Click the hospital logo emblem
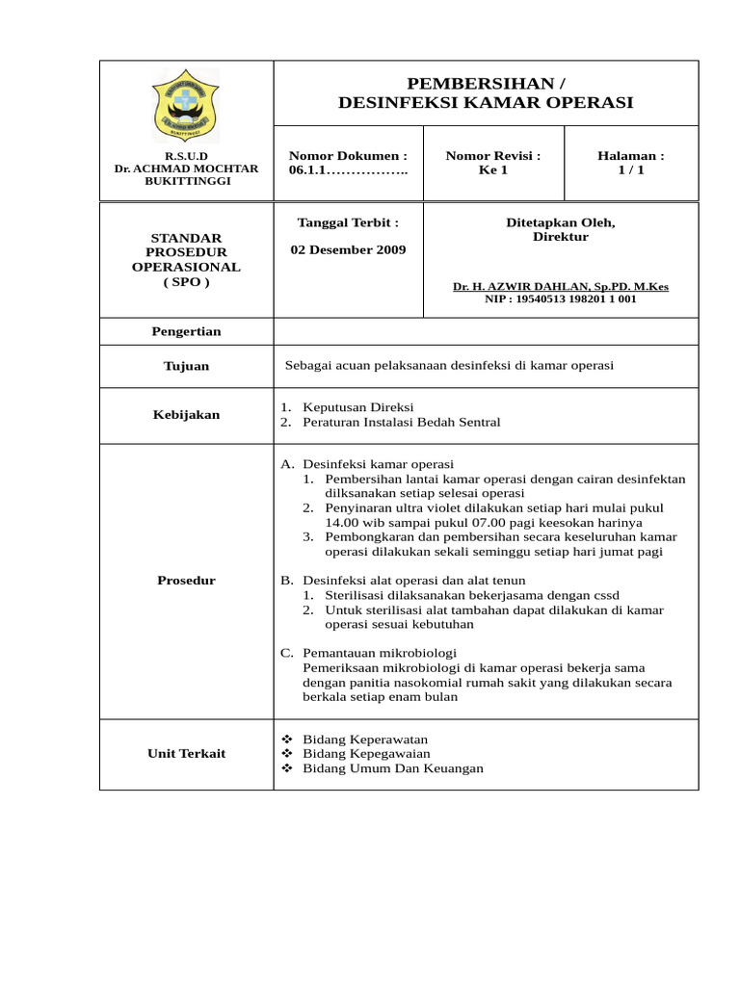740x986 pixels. click(x=186, y=105)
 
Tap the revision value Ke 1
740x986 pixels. click(x=492, y=170)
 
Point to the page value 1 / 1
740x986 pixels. click(x=631, y=170)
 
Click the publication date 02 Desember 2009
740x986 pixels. click(x=348, y=250)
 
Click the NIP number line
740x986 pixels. click(x=560, y=299)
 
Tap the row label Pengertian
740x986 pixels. click(x=186, y=331)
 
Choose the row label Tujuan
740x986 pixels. click(x=186, y=366)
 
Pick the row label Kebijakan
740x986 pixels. click(x=186, y=415)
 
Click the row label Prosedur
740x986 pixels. click(x=186, y=581)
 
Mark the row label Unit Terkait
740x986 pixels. click(x=186, y=753)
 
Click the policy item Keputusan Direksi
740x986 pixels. click(x=357, y=407)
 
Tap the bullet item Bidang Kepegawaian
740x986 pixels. click(x=366, y=753)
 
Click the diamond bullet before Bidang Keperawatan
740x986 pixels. click(x=286, y=738)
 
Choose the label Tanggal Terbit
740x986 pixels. click(x=348, y=222)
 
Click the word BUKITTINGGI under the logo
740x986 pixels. click(x=186, y=182)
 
